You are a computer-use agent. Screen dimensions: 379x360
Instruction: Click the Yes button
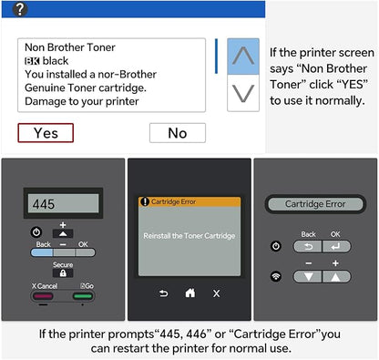pyautogui.click(x=46, y=133)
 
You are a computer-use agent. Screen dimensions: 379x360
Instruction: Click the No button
pyautogui.click(x=178, y=133)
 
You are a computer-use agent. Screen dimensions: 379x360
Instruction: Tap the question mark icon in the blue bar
pyautogui.click(x=20, y=9)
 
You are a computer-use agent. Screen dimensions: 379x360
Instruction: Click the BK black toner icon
pyautogui.click(x=32, y=61)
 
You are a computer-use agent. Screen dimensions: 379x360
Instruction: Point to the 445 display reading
pyautogui.click(x=44, y=204)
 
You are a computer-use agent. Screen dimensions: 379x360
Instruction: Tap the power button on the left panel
pyautogui.click(x=36, y=232)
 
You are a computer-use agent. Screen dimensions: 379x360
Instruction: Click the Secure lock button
pyautogui.click(x=63, y=273)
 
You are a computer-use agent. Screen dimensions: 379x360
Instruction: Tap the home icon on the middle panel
pyautogui.click(x=190, y=293)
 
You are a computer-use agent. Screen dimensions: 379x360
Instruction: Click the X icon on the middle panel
pyautogui.click(x=216, y=293)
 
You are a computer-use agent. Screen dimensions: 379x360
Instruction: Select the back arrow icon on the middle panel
pyautogui.click(x=163, y=293)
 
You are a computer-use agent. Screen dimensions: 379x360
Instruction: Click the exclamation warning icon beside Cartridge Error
pyautogui.click(x=145, y=201)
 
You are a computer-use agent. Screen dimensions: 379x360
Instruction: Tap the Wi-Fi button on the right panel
pyautogui.click(x=276, y=276)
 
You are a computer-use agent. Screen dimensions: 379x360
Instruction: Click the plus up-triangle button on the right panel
pyautogui.click(x=336, y=277)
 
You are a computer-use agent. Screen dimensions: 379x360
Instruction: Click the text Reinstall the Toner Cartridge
pyautogui.click(x=189, y=236)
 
